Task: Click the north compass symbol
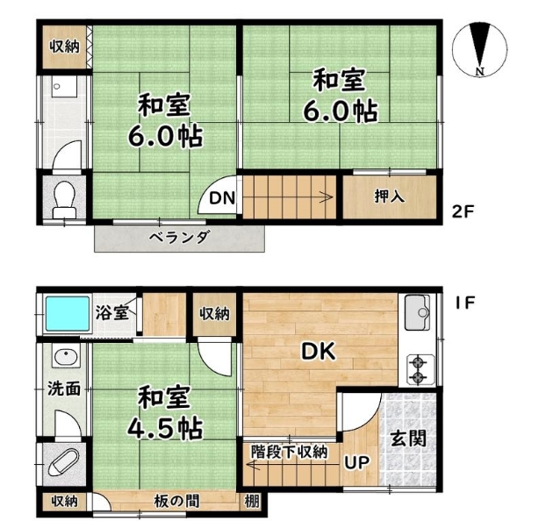479,49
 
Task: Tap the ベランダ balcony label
179,238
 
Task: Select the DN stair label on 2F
222,198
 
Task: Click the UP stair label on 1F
357,462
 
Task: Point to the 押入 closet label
390,196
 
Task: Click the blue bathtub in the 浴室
68,314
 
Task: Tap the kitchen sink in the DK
418,312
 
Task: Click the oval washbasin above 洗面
66,357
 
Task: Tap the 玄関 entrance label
408,439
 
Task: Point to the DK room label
319,352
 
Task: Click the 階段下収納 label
290,452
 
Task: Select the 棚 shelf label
252,502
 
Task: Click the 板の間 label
176,502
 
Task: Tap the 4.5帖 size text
165,428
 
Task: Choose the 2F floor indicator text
463,211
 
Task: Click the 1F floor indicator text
465,303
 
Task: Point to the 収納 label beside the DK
214,314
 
